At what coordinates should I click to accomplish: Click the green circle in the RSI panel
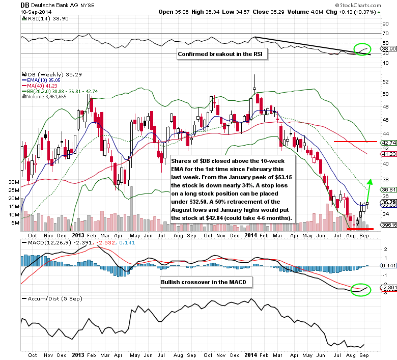[363, 49]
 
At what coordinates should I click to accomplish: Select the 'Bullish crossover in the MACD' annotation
[199, 281]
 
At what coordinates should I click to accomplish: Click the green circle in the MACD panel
[361, 290]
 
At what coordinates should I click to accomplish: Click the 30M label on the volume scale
[14, 182]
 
